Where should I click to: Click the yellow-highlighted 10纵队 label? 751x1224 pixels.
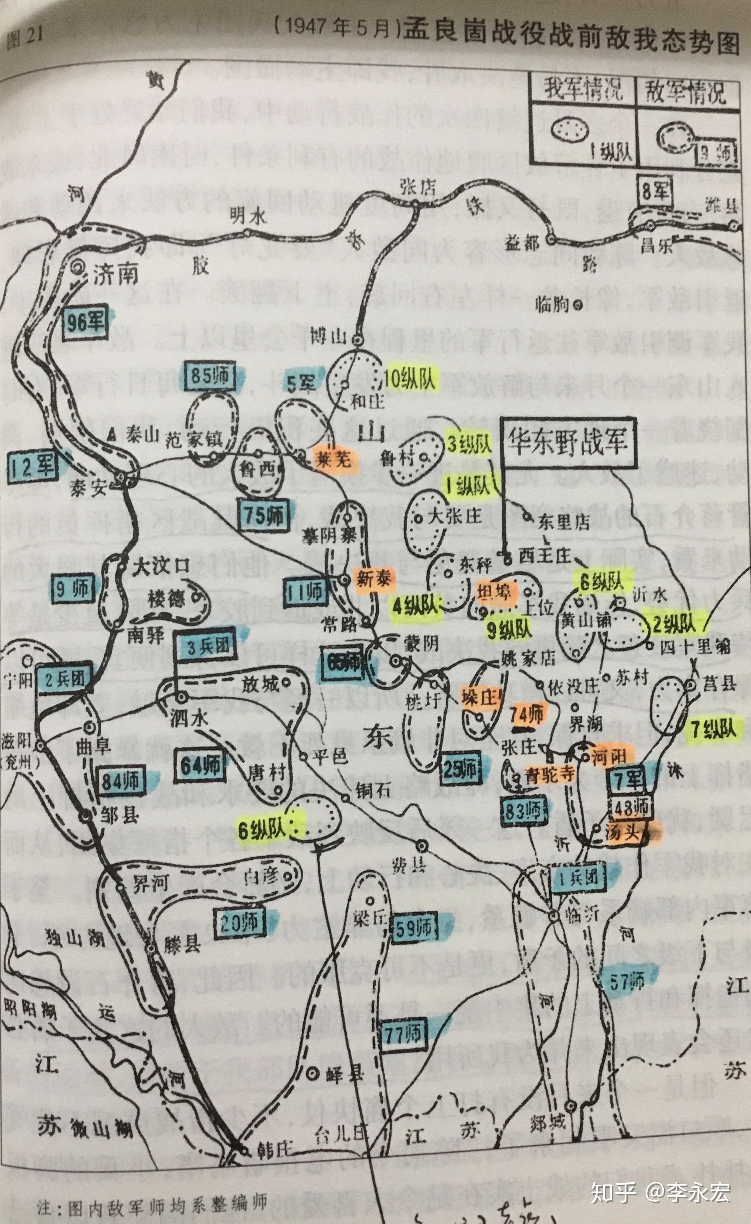410,380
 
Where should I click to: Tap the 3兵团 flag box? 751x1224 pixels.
208,646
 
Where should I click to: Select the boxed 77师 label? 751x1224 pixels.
403,1033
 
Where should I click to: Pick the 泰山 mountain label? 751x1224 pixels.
142,436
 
